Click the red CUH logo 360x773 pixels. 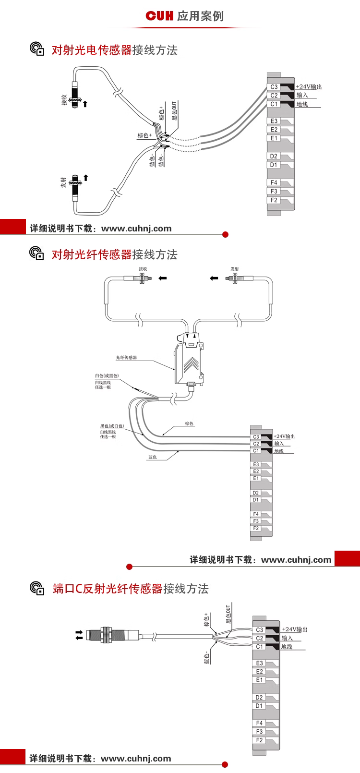(x=159, y=16)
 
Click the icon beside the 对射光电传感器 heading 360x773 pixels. (x=37, y=49)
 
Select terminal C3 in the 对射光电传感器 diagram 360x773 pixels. (x=274, y=87)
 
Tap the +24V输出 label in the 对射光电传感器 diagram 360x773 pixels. (x=309, y=87)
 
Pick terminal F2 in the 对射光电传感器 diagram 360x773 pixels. (x=274, y=200)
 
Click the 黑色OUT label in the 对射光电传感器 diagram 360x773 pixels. (x=174, y=110)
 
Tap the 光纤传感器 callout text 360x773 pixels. (x=126, y=357)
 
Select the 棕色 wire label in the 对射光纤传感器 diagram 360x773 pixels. (x=189, y=423)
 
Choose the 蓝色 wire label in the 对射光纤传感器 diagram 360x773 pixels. (x=152, y=457)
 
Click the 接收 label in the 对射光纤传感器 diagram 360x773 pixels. (x=143, y=269)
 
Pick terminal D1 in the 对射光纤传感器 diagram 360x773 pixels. (x=256, y=500)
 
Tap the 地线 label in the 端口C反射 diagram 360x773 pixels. (x=287, y=647)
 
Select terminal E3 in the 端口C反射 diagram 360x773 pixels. (x=260, y=663)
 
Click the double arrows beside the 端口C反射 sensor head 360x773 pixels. (x=79, y=635)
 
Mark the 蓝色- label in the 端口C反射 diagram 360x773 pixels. (x=207, y=658)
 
